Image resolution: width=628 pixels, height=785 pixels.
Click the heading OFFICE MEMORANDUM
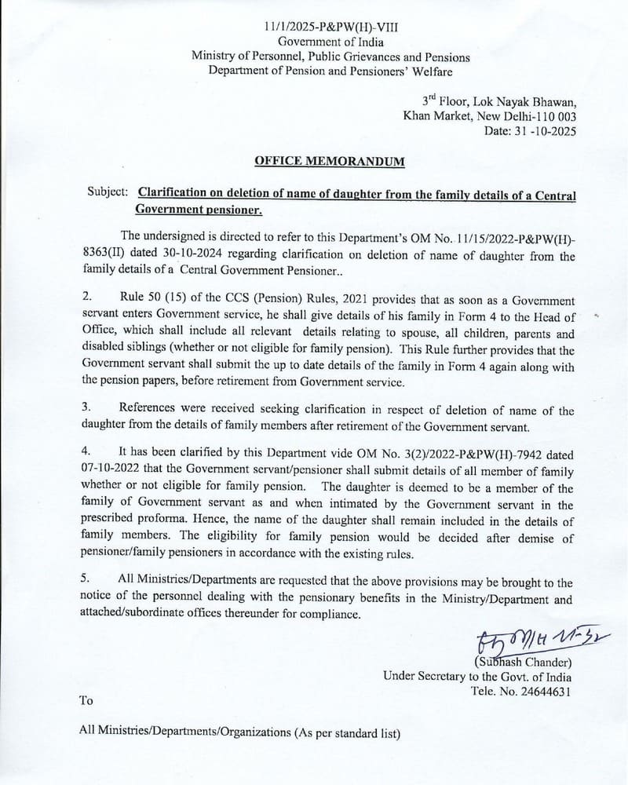[x=330, y=162]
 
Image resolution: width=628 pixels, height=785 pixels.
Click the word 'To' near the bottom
[x=86, y=700]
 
